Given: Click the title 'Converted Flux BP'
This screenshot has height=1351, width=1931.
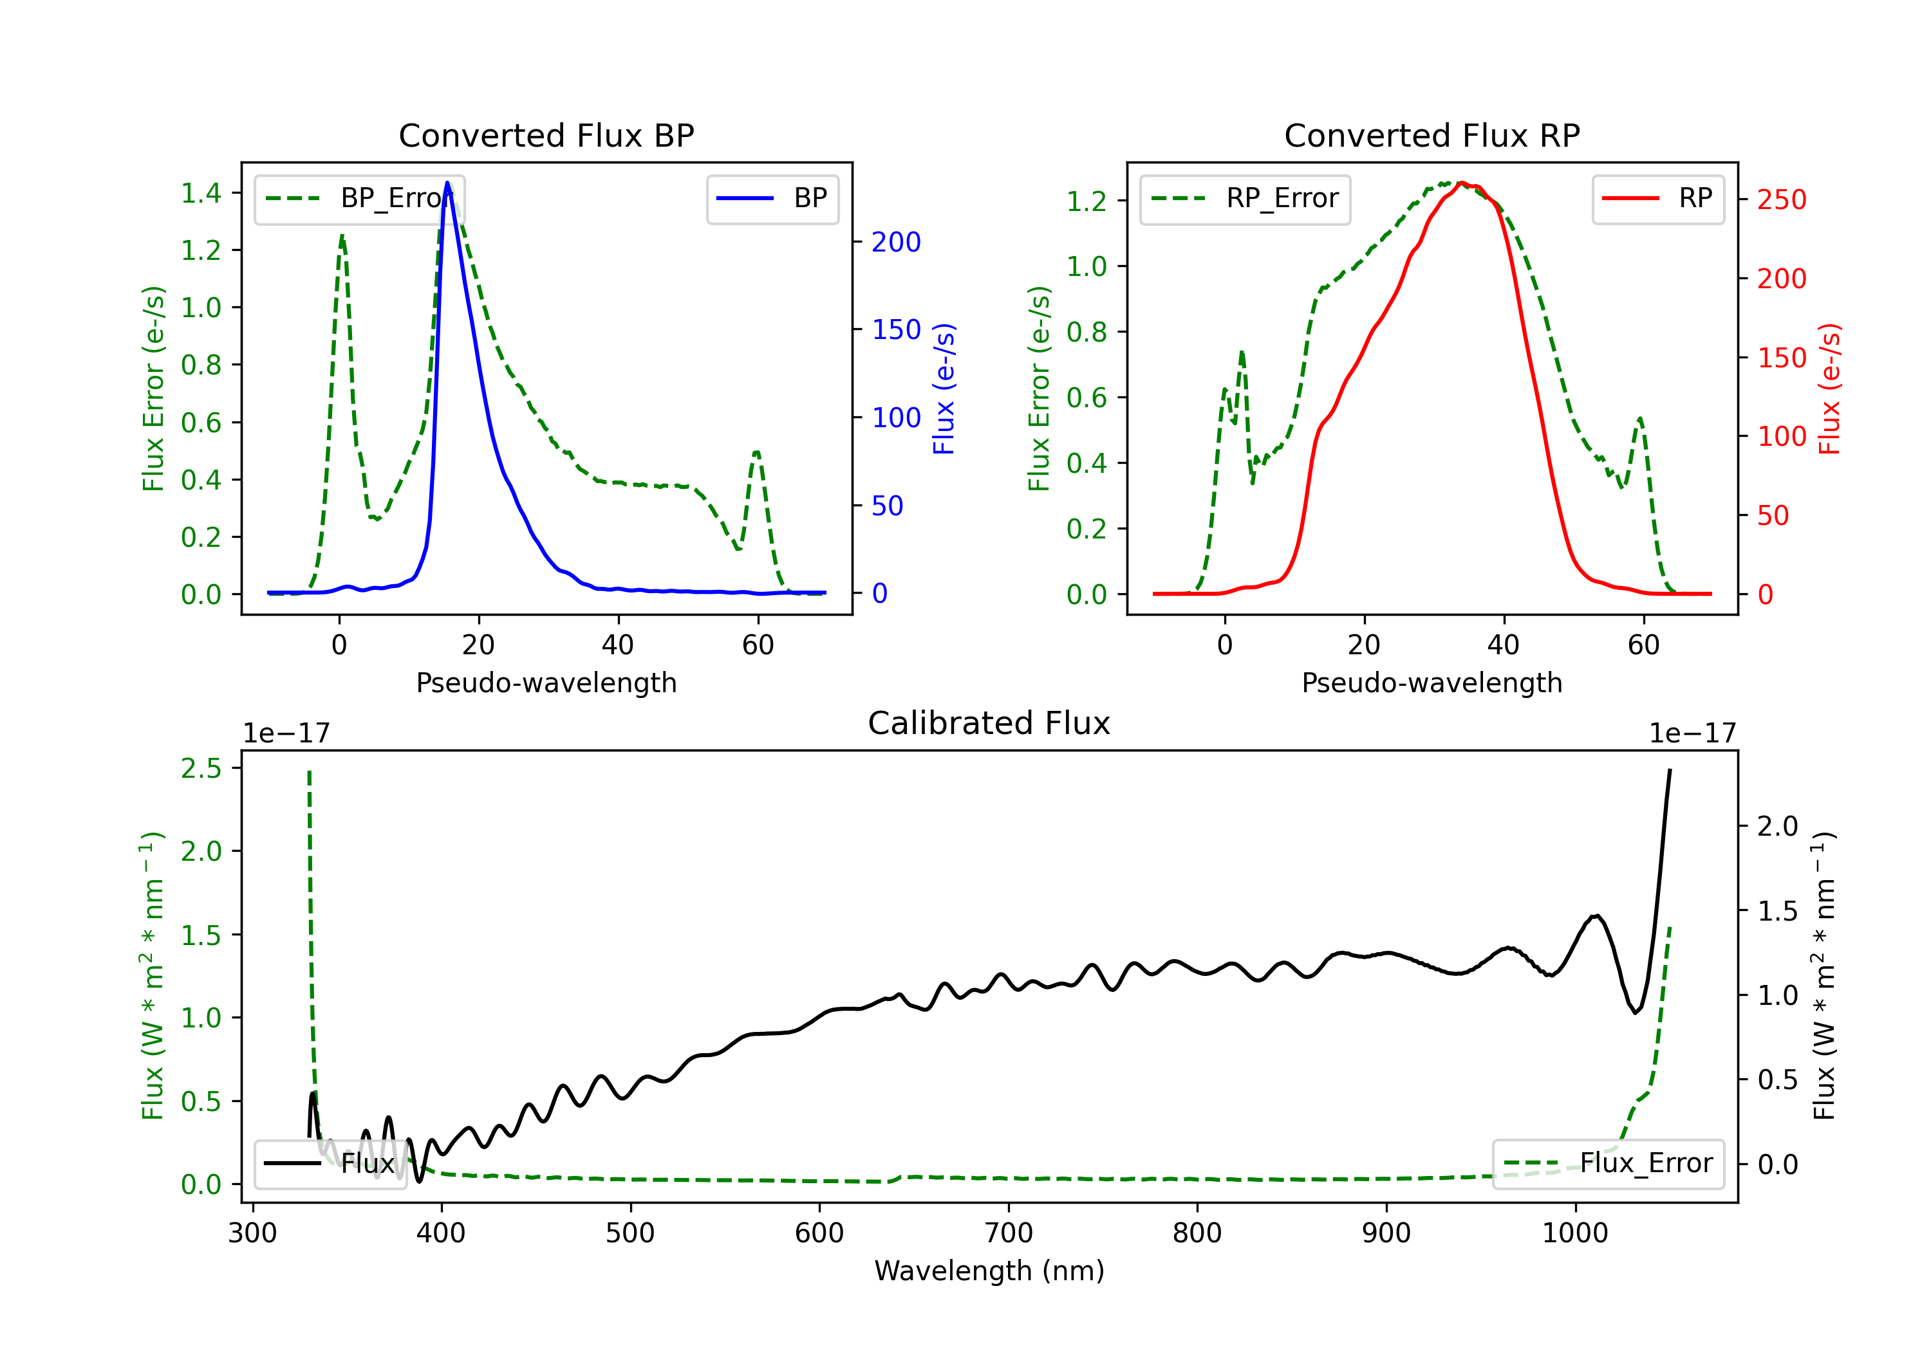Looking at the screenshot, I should [546, 135].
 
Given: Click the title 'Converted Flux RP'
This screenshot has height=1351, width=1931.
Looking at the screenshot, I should [1432, 135].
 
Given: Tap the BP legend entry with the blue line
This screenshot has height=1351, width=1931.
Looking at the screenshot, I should [773, 198].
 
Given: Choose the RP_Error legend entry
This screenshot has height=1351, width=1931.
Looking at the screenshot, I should [1245, 198].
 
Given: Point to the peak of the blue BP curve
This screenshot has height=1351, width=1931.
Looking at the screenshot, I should [447, 183].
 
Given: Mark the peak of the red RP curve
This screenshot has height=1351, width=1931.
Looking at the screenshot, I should [1462, 183].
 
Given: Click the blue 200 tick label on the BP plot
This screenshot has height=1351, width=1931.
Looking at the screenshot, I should [896, 242].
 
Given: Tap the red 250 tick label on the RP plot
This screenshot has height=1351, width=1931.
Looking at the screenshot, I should [1781, 200].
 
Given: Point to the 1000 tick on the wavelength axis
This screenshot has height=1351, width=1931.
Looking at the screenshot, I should [1574, 1233].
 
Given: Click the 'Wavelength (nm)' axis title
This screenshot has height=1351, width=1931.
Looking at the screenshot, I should [989, 1271].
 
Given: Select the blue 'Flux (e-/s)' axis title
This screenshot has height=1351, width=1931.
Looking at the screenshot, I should [944, 389].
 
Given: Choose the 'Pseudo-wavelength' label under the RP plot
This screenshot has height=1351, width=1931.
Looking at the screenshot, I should [1432, 683].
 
